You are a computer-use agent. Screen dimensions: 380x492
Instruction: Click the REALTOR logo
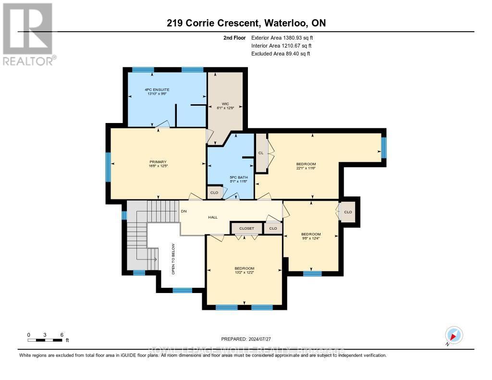click(27, 34)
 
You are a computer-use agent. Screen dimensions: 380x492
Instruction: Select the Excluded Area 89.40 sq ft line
click(281, 54)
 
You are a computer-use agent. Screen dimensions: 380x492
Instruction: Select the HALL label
click(213, 217)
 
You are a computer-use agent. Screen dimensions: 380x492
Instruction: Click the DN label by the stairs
click(184, 211)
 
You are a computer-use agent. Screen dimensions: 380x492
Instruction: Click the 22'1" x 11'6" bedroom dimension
click(306, 169)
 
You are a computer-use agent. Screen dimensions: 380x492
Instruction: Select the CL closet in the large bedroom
click(261, 153)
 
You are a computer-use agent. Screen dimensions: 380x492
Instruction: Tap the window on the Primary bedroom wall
click(108, 167)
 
